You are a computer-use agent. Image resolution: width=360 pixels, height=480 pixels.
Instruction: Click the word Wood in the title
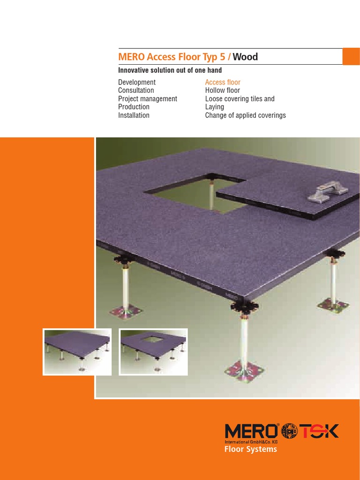pyautogui.click(x=245, y=57)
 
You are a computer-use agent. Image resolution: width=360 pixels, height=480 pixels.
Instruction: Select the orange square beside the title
pyautogui.click(x=351, y=56)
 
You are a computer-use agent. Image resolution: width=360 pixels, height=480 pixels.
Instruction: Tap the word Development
pyautogui.click(x=137, y=82)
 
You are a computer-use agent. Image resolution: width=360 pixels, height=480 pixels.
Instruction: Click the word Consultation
pyautogui.click(x=136, y=90)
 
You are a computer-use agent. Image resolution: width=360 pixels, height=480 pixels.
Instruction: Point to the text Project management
pyautogui.click(x=148, y=99)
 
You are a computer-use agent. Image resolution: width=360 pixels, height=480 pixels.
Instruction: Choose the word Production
pyautogui.click(x=134, y=107)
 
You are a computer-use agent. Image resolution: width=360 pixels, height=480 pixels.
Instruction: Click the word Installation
pyautogui.click(x=134, y=115)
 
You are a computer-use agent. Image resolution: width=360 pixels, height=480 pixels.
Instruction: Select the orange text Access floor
pyautogui.click(x=223, y=82)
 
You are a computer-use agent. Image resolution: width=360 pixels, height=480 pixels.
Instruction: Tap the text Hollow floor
pyautogui.click(x=223, y=90)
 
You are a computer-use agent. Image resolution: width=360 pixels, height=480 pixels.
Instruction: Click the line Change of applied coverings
pyautogui.click(x=246, y=115)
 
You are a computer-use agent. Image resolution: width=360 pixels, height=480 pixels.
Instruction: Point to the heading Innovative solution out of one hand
pyautogui.click(x=170, y=70)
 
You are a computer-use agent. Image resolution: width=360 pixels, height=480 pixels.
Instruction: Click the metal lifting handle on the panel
pyautogui.click(x=328, y=192)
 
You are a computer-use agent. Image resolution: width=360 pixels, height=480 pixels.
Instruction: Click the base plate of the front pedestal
pyautogui.click(x=244, y=371)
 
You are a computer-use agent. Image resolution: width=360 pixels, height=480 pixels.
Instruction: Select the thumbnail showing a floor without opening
pyautogui.click(x=77, y=352)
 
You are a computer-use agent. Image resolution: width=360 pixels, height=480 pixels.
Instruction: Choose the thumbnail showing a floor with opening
pyautogui.click(x=153, y=352)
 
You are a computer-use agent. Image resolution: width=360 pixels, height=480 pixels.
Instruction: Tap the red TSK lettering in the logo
pyautogui.click(x=319, y=431)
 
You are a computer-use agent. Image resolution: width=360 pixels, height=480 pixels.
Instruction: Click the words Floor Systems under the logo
pyautogui.click(x=250, y=449)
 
